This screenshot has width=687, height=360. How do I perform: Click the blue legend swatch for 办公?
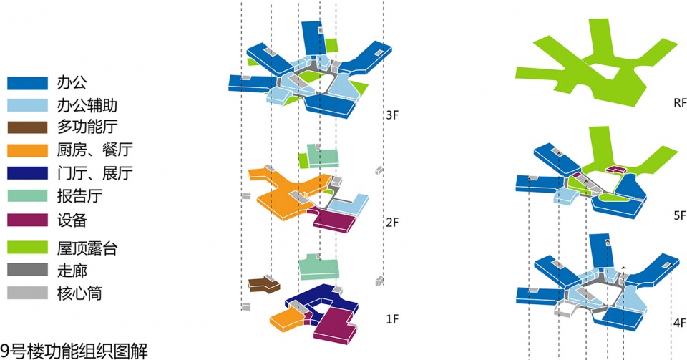(x=27, y=83)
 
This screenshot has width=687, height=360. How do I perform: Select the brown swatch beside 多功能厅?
(x=27, y=127)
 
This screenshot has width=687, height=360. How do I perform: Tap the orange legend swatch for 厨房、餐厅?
(x=27, y=150)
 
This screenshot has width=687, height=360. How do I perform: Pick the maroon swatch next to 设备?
(x=27, y=220)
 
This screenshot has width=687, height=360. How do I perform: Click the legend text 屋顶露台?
(x=87, y=248)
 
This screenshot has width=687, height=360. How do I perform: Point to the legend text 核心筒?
(x=79, y=293)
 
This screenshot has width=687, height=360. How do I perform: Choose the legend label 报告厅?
(x=79, y=196)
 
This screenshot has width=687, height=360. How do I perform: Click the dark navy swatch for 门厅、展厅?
(x=27, y=173)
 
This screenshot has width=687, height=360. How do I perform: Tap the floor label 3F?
(x=392, y=115)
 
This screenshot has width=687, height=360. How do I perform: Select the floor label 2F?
(x=392, y=223)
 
